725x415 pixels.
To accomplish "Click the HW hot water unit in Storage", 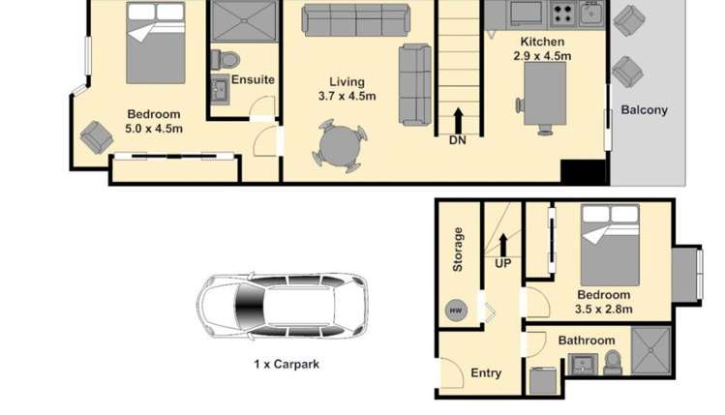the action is coord(456,311).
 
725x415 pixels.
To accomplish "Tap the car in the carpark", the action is coord(283,306).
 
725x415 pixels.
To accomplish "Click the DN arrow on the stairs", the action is coord(458,121).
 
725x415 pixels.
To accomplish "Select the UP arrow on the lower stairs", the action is coord(503,245).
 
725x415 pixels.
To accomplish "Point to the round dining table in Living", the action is coord(340,146).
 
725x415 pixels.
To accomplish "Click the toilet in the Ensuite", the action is coord(226,60).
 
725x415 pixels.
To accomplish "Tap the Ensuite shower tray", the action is coord(244,21).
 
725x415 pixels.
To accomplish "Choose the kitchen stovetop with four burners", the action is coord(562,14).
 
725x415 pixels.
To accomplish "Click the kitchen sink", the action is coord(590,13).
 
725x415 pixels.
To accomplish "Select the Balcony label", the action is coord(644,110).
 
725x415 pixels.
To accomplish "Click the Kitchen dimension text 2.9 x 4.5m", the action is coord(542,56).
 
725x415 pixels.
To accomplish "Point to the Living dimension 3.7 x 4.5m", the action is coord(347,96).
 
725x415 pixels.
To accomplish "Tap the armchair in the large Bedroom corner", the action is coord(97,137).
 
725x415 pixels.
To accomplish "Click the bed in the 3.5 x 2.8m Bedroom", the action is coord(611,245).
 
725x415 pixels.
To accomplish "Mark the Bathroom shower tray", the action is coord(651,351).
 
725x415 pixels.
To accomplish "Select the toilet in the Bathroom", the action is coord(613,363).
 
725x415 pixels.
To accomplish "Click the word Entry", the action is coord(486,373).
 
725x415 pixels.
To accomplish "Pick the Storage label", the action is coord(458,250).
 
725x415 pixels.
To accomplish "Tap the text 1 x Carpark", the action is coord(287,364).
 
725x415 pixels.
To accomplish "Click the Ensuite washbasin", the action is coord(220,89).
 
